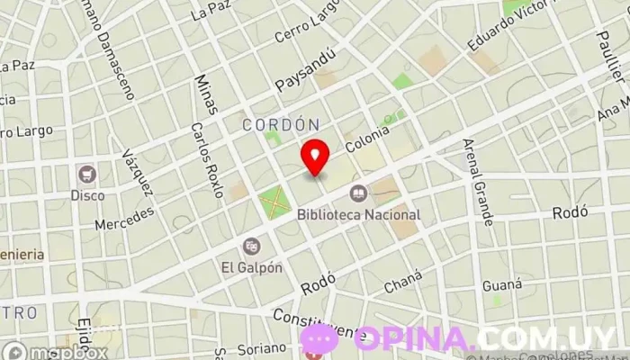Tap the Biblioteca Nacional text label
[x=359, y=215]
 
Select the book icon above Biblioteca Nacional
[x=358, y=193]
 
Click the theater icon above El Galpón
[x=251, y=246]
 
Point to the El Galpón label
[x=251, y=267]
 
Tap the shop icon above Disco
[x=87, y=174]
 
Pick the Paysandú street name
[x=305, y=70]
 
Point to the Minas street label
[x=205, y=94]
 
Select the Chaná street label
[x=402, y=287]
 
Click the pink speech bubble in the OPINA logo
[x=319, y=338]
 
